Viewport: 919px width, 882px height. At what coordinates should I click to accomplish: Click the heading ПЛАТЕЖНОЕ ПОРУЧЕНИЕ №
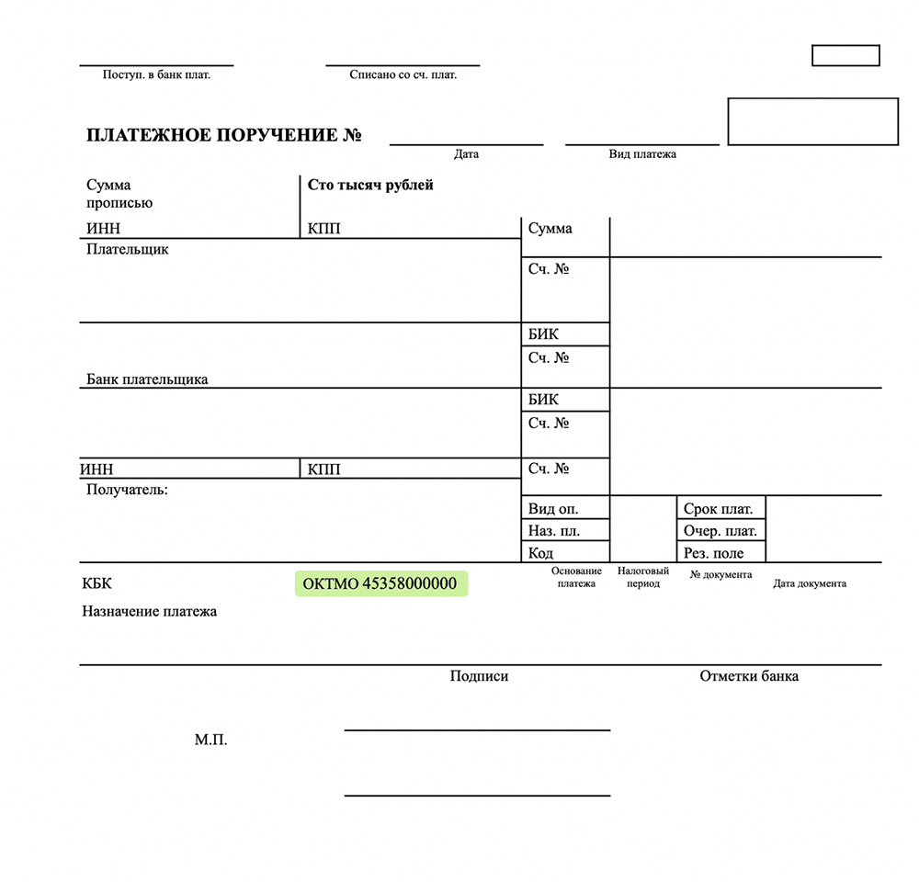click(223, 136)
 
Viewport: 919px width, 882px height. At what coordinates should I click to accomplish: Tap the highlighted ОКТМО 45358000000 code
click(380, 583)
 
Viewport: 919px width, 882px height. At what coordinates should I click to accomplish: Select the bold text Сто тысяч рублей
click(370, 185)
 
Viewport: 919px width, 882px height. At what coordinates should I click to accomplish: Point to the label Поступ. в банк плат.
click(156, 74)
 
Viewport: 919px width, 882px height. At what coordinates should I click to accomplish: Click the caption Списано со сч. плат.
click(403, 74)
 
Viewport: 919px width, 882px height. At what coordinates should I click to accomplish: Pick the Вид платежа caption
click(642, 154)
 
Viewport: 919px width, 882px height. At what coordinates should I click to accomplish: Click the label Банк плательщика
click(147, 379)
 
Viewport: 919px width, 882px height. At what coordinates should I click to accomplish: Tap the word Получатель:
click(127, 490)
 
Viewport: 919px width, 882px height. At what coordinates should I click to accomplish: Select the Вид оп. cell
click(553, 509)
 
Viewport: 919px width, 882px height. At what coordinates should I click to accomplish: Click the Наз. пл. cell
click(554, 531)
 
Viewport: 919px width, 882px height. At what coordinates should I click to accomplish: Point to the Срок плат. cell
click(718, 509)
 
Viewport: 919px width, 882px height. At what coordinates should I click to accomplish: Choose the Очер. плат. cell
click(720, 531)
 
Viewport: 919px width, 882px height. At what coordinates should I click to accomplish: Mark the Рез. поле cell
click(713, 553)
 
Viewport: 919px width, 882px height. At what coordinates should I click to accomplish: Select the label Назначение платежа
click(150, 611)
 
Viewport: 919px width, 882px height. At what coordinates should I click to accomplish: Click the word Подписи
click(479, 676)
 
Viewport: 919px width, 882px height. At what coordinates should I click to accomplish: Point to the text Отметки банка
click(749, 676)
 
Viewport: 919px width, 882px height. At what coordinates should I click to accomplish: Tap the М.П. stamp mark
click(210, 740)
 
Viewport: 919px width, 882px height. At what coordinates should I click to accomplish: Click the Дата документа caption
click(810, 583)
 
